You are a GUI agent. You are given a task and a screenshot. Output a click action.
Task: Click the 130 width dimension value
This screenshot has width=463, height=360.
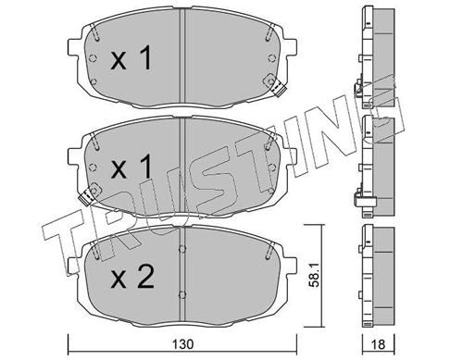click(x=183, y=344)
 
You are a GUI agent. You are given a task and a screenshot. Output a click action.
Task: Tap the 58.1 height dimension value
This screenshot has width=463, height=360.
click(x=315, y=276)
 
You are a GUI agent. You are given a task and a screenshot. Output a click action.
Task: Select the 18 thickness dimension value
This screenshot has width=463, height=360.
click(x=378, y=344)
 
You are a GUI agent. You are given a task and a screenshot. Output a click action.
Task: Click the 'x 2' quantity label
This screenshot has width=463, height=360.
click(x=132, y=277)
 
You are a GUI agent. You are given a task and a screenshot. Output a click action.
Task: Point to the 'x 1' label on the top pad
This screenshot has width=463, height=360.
click(x=131, y=58)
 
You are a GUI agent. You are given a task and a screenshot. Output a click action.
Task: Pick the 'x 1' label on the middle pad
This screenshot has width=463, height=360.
click(x=131, y=167)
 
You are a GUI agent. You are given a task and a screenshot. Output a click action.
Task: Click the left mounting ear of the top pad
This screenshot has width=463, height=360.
click(x=72, y=47)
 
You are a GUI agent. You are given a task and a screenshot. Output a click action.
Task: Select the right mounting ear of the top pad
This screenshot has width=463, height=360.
click(x=292, y=47)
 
